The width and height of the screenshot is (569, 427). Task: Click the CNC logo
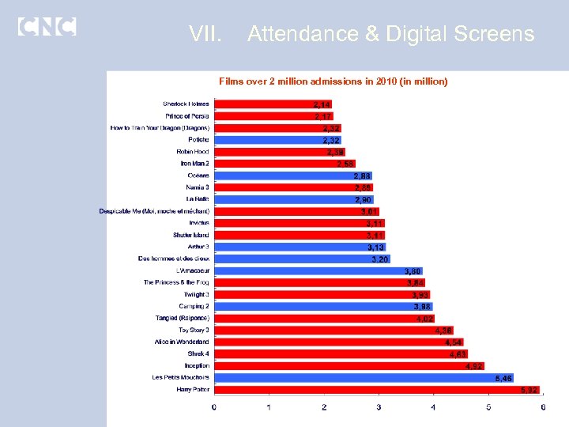pos(47,26)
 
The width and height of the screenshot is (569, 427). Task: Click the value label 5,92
pos(529,390)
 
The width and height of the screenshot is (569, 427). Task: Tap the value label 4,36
pos(443,331)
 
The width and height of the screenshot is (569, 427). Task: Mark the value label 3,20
pos(380,259)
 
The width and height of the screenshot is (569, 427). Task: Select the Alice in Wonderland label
pos(182,342)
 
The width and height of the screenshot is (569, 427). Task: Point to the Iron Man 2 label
pos(194,164)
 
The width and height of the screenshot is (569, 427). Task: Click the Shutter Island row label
pos(191,235)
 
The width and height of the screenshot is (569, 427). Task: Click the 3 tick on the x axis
pos(379,407)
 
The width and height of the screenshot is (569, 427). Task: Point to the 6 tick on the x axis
pos(543,407)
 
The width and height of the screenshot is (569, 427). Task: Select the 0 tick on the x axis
pos(214,407)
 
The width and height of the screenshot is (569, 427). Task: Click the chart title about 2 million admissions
pos(333,81)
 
